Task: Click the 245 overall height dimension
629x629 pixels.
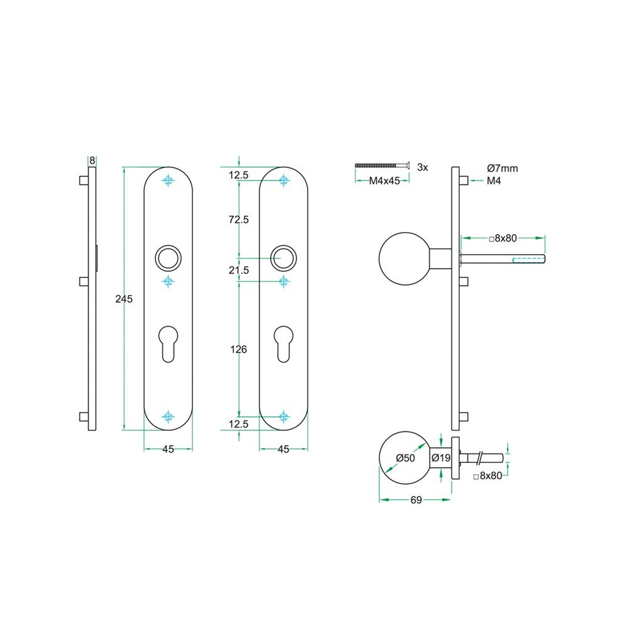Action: (x=124, y=299)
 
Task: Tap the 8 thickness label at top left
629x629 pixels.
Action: (x=92, y=160)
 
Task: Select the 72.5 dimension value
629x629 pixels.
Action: (x=239, y=220)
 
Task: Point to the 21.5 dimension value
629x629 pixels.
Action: (x=239, y=270)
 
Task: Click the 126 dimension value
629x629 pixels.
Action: (x=239, y=350)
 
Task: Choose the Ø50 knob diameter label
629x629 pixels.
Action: (x=406, y=458)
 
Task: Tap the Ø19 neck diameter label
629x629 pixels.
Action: (x=442, y=458)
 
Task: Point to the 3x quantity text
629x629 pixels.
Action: (x=422, y=167)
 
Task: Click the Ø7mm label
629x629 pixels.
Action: (x=503, y=168)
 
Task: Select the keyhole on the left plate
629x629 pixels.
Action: (x=168, y=343)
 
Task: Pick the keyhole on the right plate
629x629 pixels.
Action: (x=284, y=343)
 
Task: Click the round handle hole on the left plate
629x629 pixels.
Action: (x=168, y=258)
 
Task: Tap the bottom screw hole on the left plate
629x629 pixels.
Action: (x=168, y=416)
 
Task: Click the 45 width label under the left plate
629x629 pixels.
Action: (x=168, y=449)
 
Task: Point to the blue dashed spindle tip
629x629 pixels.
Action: (x=528, y=259)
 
